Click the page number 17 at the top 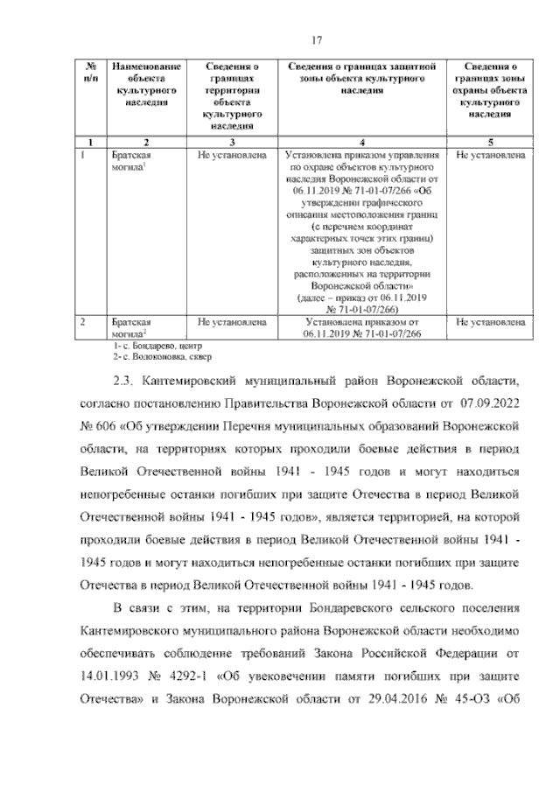319,38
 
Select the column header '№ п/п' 89,73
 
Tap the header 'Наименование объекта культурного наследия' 146,84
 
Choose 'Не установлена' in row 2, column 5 490,322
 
